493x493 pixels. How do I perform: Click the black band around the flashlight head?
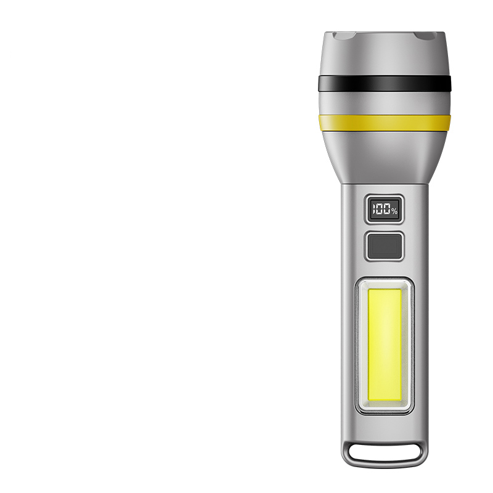click(x=384, y=83)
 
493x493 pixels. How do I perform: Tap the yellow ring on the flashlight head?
click(x=384, y=123)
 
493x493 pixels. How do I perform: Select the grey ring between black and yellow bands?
click(x=384, y=103)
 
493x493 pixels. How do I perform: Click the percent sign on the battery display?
click(x=394, y=211)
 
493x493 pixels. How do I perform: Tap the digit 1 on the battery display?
click(x=373, y=209)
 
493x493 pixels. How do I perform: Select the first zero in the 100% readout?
click(x=379, y=209)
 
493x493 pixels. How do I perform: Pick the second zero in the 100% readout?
click(x=387, y=209)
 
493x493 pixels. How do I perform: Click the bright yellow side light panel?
click(x=384, y=345)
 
